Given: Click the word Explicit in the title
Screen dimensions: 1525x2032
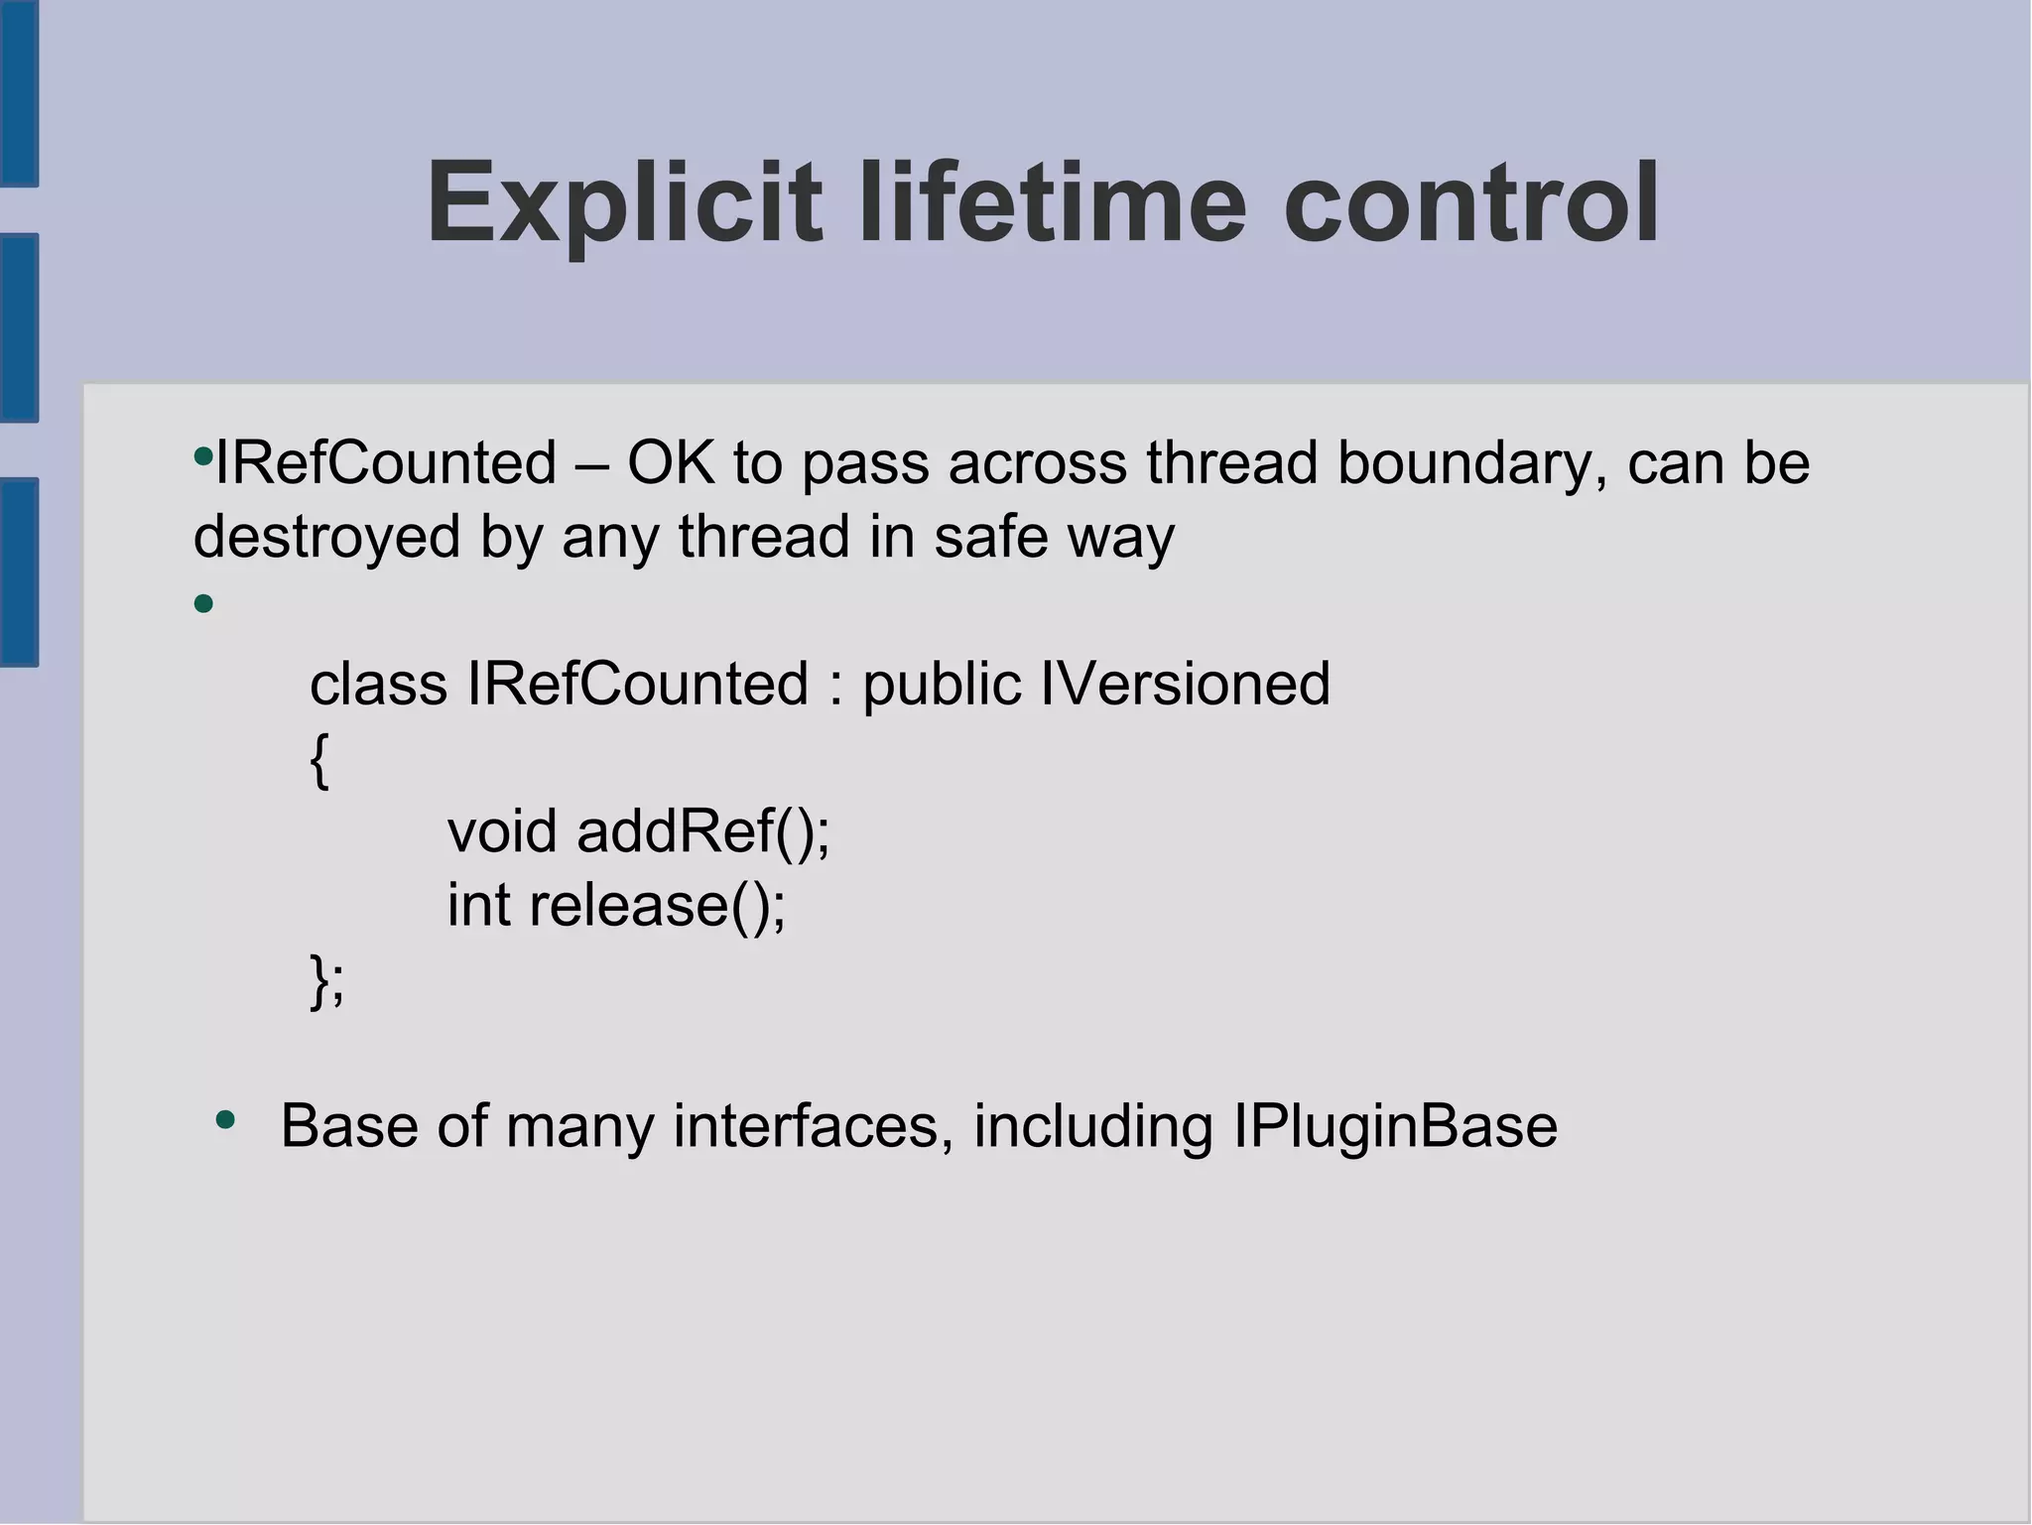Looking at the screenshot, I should point(624,204).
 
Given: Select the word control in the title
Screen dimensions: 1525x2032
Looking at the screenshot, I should point(1470,204).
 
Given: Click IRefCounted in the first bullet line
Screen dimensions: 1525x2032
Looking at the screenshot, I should point(386,463).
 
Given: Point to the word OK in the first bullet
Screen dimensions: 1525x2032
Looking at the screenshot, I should point(670,463).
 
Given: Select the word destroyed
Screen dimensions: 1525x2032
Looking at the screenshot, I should point(326,537).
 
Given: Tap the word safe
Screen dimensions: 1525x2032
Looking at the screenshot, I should point(990,537).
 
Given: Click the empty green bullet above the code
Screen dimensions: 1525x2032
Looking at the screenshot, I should point(204,603).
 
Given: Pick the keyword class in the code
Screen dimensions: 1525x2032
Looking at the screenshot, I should point(378,685).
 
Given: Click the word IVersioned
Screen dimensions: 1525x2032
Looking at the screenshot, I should point(1185,685).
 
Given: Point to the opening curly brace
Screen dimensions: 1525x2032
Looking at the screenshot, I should point(318,761).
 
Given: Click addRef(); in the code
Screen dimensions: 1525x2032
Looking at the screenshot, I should point(702,831).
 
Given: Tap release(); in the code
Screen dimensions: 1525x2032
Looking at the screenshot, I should point(657,905).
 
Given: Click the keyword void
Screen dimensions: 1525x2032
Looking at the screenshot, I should point(502,831).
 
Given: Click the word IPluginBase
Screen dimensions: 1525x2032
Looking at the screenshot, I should point(1394,1126).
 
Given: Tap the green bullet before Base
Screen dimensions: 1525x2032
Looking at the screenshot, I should point(226,1121).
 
